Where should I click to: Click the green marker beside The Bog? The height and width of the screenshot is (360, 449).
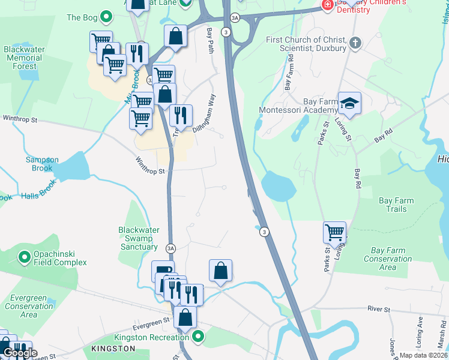106,17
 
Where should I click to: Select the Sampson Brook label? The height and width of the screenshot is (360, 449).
42,164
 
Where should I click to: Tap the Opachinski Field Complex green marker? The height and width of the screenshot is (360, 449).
25,257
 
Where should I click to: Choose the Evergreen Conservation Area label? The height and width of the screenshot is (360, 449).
28,306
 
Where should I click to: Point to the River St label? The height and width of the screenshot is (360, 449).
378,310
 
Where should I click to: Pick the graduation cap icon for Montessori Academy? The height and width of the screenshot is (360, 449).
349,104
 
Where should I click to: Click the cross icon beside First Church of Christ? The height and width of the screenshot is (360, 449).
355,43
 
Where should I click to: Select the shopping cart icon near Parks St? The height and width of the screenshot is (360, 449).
334,232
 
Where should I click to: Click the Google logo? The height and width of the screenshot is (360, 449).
19,353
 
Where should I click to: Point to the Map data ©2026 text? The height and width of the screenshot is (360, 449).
423,355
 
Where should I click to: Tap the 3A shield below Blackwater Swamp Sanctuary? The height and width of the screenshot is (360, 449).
170,248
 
